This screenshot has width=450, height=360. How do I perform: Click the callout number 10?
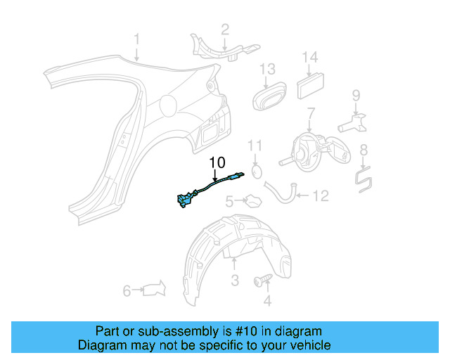pyautogui.click(x=217, y=163)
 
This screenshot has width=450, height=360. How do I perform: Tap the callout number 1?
pyautogui.click(x=137, y=39)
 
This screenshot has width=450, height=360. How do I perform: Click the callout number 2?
pyautogui.click(x=225, y=29)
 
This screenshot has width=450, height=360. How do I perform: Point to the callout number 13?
pyautogui.click(x=267, y=69)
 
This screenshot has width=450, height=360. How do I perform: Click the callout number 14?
pyautogui.click(x=310, y=58)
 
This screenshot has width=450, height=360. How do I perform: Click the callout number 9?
pyautogui.click(x=356, y=95)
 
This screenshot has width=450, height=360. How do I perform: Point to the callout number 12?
pyautogui.click(x=321, y=196)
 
